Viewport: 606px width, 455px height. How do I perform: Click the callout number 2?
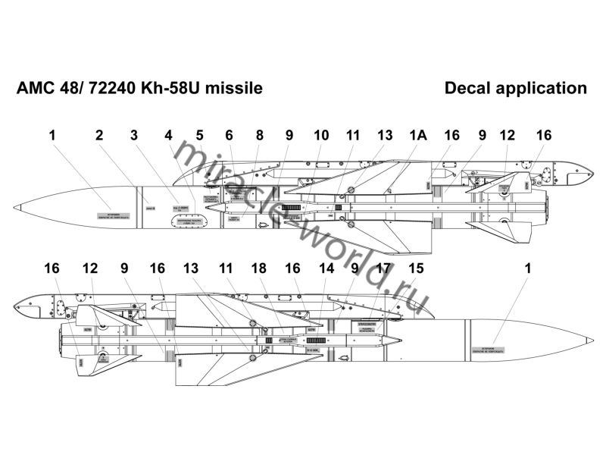pyautogui.click(x=98, y=136)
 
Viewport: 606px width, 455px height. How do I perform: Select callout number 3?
pyautogui.click(x=133, y=136)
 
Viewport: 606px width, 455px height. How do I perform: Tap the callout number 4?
pyautogui.click(x=168, y=136)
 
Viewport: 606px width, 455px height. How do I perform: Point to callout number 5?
pyautogui.click(x=199, y=136)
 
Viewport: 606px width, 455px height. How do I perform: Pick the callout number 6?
pyautogui.click(x=229, y=136)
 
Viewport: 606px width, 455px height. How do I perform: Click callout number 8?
pyautogui.click(x=259, y=136)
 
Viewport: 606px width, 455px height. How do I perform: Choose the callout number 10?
pyautogui.click(x=321, y=136)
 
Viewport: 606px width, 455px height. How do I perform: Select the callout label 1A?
pyautogui.click(x=418, y=136)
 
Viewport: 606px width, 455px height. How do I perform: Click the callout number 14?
pyautogui.click(x=326, y=268)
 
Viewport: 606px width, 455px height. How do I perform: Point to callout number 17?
pyautogui.click(x=384, y=268)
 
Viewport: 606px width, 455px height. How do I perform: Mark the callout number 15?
pyautogui.click(x=415, y=268)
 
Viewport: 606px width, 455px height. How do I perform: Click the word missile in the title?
pyautogui.click(x=239, y=89)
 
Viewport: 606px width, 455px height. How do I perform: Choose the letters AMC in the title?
pyautogui.click(x=34, y=89)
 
